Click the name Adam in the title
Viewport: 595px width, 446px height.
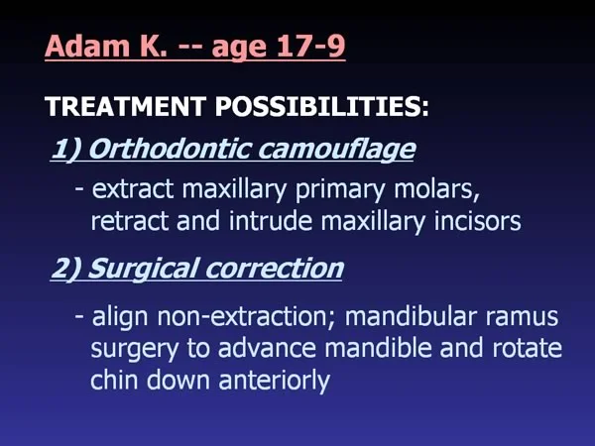[82, 46]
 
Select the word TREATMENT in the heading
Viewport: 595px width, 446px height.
[126, 106]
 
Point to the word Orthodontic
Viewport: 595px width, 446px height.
[170, 149]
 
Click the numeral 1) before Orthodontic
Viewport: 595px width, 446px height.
[65, 149]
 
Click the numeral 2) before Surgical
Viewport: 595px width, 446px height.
[65, 269]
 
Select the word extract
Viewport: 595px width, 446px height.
[133, 189]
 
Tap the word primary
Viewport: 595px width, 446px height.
[340, 190]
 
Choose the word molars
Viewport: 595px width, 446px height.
[436, 189]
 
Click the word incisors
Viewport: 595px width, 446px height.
[477, 221]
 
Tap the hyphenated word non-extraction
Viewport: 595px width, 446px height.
[247, 317]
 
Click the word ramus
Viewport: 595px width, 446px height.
[522, 318]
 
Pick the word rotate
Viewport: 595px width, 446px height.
[528, 348]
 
